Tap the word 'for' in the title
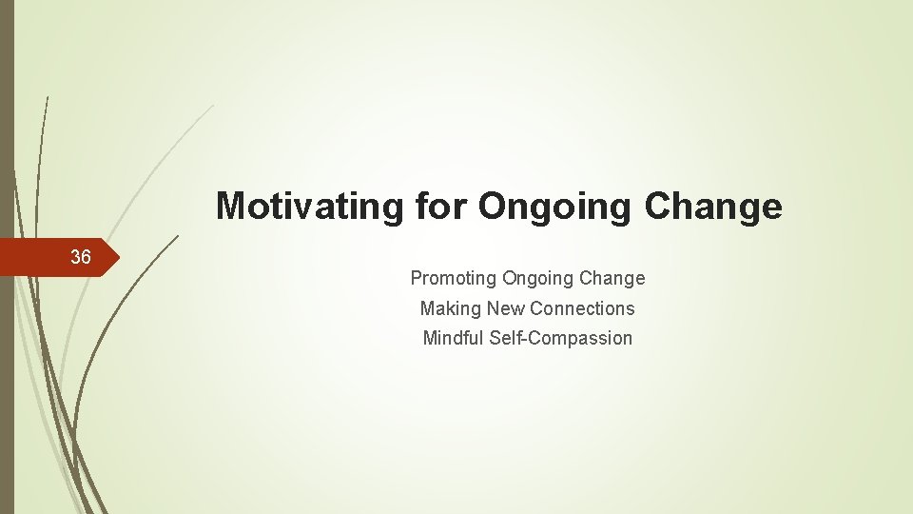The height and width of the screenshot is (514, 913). coord(443,207)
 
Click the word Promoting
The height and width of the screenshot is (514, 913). coord(453,279)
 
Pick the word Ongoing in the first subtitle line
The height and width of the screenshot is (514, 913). coord(537,279)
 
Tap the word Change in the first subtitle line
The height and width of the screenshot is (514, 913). coord(612,279)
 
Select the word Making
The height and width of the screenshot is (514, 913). coord(450,308)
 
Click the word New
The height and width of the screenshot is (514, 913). coord(506,308)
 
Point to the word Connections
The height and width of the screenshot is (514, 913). coord(582,308)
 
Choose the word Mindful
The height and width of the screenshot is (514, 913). coord(454,338)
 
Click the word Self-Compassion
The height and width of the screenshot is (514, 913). coord(561,338)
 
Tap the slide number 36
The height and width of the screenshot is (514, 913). coord(81,257)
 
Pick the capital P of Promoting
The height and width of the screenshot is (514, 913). coord(416,279)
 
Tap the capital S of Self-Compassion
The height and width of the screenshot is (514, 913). coord(495,338)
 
